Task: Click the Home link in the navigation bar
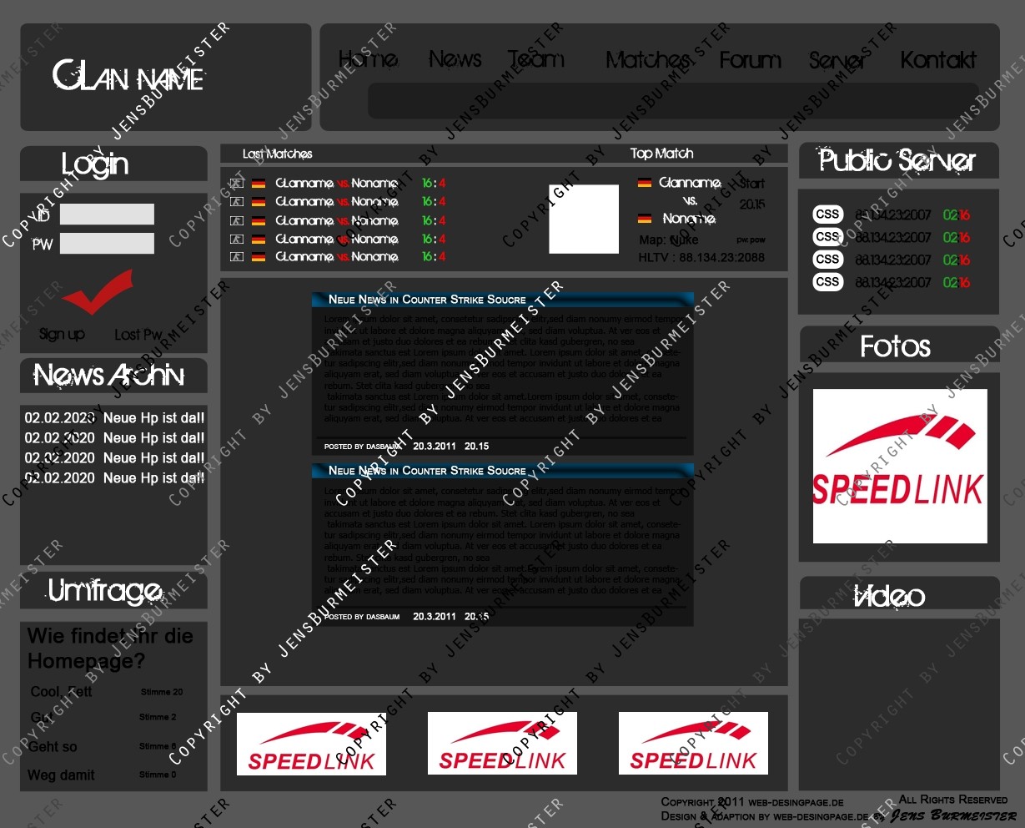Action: coord(368,60)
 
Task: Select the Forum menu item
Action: coord(750,60)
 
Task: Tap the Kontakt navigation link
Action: coord(938,60)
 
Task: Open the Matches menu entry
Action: coord(647,60)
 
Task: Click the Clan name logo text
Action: coord(128,77)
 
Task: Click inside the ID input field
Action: coord(107,215)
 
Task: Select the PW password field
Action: coord(107,244)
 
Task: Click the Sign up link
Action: coord(62,335)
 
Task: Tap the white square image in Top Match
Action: coord(584,219)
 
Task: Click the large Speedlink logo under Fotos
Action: coord(900,466)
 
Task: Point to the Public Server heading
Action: coord(897,160)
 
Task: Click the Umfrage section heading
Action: coord(105,591)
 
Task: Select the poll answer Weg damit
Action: coord(61,775)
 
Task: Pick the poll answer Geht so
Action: coord(53,747)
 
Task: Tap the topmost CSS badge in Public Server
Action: coord(827,215)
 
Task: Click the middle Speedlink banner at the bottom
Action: coord(502,744)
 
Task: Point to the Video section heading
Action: coord(890,596)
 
